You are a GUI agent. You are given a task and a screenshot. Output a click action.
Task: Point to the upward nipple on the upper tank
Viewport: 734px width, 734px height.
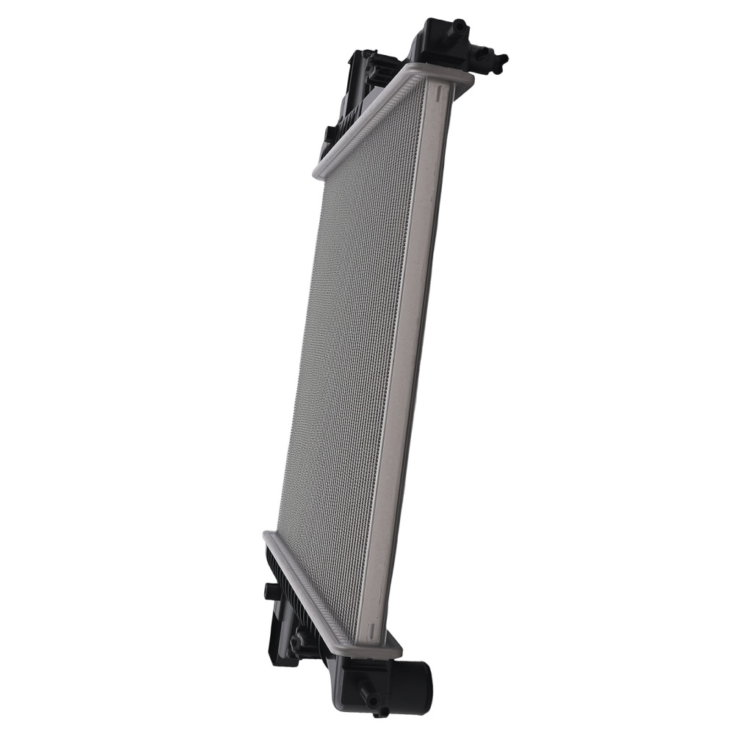pos(459,26)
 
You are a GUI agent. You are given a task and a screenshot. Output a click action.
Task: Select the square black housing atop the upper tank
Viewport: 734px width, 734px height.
pos(433,37)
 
